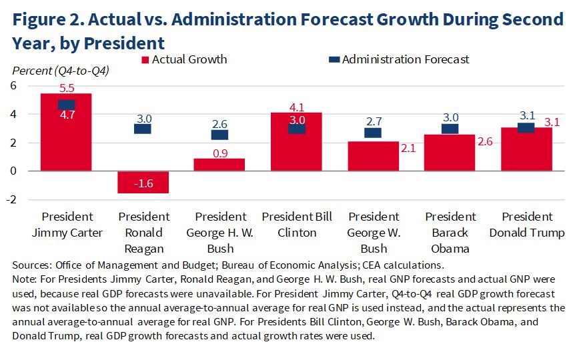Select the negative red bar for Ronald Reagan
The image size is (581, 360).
tap(143, 182)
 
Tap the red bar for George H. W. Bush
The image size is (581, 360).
tap(219, 165)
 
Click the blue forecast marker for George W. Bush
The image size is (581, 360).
tap(373, 133)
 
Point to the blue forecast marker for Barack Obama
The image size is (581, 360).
tap(450, 129)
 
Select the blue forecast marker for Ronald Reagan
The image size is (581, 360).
tap(143, 129)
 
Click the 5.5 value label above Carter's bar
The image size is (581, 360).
tap(66, 87)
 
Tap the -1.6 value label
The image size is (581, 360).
tap(143, 185)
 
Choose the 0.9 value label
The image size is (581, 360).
tap(219, 153)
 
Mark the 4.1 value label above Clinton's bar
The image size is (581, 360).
tap(296, 107)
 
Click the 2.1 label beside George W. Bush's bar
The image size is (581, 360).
tap(408, 148)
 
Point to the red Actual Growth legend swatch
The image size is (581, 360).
tap(145, 60)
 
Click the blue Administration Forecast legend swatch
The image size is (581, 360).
tap(335, 60)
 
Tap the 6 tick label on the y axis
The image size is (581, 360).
tap(13, 85)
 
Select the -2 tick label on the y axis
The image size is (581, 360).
tap(11, 199)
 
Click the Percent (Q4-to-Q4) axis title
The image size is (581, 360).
tap(61, 70)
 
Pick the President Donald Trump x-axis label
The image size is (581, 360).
tap(527, 225)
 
